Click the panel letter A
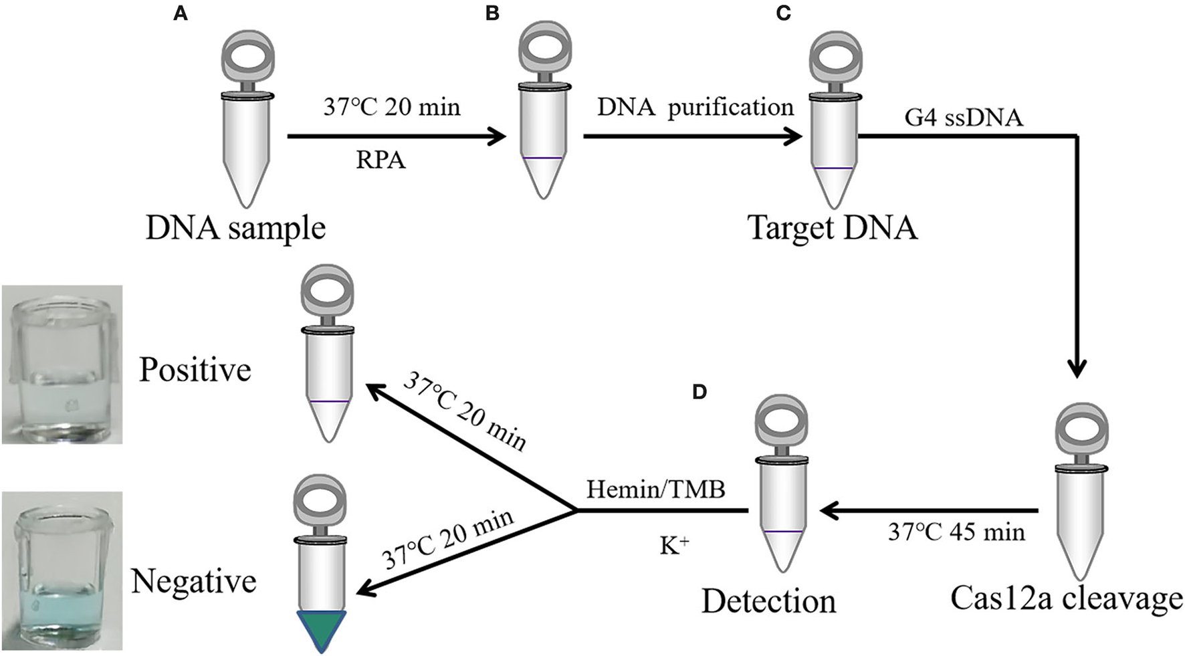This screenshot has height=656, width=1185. pyautogui.click(x=180, y=13)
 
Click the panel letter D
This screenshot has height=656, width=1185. pyautogui.click(x=699, y=392)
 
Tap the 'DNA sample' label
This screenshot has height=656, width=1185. pyautogui.click(x=235, y=229)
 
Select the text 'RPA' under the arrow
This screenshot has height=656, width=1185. pyautogui.click(x=381, y=160)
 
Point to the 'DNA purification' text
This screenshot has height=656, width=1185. pyautogui.click(x=695, y=107)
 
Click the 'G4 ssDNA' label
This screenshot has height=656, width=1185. pyautogui.click(x=964, y=118)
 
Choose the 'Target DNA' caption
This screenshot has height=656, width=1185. pyautogui.click(x=832, y=227)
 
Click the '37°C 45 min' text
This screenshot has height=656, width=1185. pyautogui.click(x=956, y=532)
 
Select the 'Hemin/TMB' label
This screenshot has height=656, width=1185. pyautogui.click(x=655, y=489)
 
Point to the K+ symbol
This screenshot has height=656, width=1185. pyautogui.click(x=674, y=546)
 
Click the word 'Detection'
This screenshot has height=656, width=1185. pyautogui.click(x=768, y=601)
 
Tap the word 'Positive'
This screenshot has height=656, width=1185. pyautogui.click(x=195, y=369)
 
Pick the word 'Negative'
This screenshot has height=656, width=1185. pyautogui.click(x=194, y=580)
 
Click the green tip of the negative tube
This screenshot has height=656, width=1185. pyautogui.click(x=323, y=629)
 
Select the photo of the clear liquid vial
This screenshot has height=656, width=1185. pyautogui.click(x=62, y=364)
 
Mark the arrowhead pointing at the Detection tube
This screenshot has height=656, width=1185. pyautogui.click(x=829, y=512)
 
